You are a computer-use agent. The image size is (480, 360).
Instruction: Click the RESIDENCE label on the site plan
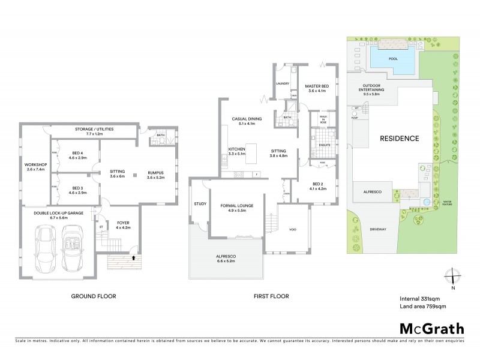tap(399, 138)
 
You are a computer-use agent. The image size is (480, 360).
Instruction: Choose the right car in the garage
tap(73, 247)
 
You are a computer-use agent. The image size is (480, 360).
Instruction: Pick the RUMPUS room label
tap(155, 175)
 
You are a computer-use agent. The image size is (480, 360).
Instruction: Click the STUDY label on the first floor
tap(200, 204)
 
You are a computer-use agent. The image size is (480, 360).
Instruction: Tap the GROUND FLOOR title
tap(93, 296)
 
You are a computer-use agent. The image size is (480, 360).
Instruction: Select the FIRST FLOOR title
tap(272, 296)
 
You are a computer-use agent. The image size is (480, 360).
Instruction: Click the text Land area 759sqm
tap(422, 307)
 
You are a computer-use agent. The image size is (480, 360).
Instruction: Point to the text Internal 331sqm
tap(421, 298)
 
